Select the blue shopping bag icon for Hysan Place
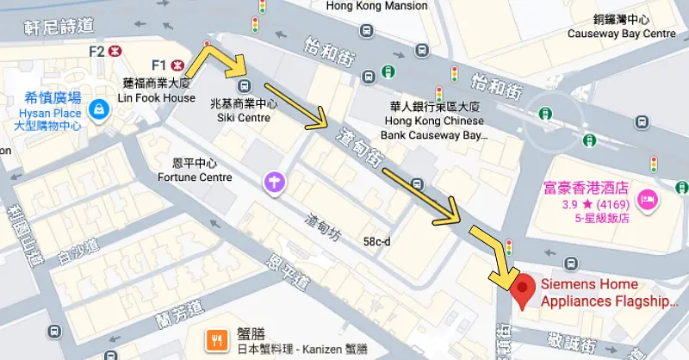[100, 109]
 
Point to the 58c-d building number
[376, 242]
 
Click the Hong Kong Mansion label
[377, 6]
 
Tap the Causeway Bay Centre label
[621, 34]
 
